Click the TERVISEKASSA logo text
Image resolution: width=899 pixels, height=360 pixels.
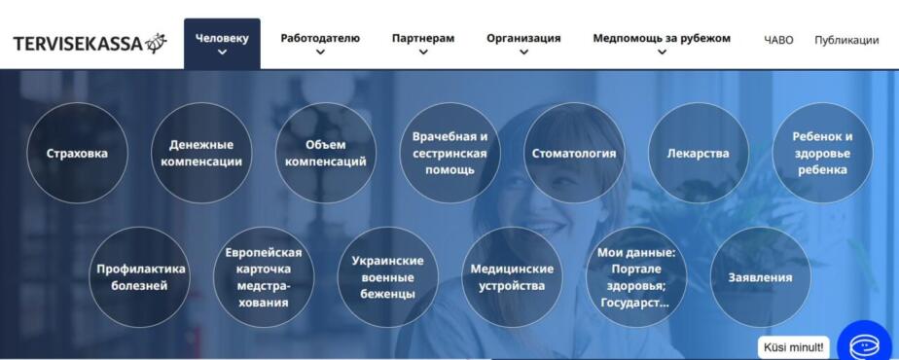point(78,44)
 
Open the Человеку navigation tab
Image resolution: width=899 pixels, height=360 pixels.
point(222,44)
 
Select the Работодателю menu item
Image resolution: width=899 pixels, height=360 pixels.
point(320,44)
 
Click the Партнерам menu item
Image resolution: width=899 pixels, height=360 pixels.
point(423,44)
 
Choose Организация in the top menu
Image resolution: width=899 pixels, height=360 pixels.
point(523,44)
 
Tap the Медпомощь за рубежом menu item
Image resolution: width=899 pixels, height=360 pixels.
point(662,44)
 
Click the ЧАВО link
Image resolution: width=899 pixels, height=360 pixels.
point(778,40)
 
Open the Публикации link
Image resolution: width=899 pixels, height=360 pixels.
point(846,40)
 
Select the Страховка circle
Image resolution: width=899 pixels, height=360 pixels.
point(77,153)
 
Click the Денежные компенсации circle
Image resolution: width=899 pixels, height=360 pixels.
point(201,153)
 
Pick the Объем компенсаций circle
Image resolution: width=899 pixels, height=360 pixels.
point(326,153)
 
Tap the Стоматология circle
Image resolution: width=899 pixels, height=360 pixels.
point(574,153)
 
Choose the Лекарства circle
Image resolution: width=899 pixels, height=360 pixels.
point(699,153)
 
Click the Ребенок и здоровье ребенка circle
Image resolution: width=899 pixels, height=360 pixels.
point(823,153)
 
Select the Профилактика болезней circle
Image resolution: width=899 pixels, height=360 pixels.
point(139,277)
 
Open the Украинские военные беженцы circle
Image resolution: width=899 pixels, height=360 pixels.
point(388,277)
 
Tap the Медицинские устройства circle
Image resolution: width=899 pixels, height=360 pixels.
point(512,277)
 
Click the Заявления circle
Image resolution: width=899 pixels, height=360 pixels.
point(760,277)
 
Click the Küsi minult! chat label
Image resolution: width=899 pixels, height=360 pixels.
point(793,346)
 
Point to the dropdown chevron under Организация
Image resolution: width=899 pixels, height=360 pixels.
point(523,52)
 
